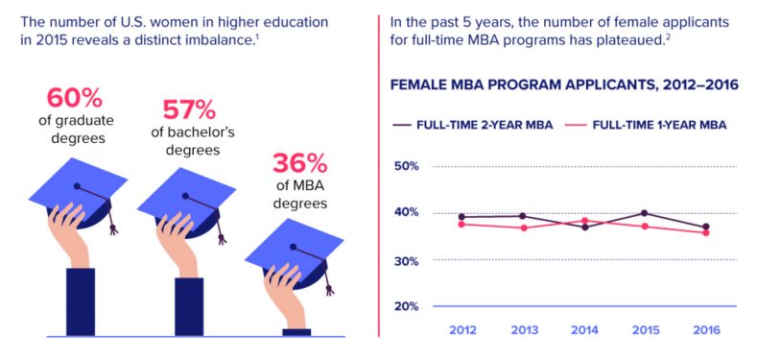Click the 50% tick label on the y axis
[407, 166]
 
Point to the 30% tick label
[407, 261]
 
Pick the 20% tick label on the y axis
[407, 306]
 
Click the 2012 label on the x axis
[463, 330]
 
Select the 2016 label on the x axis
[705, 330]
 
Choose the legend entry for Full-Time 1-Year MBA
[650, 125]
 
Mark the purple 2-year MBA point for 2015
[644, 213]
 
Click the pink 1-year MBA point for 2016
[705, 232]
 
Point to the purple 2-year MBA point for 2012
[462, 217]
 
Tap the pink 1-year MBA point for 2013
[523, 228]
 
